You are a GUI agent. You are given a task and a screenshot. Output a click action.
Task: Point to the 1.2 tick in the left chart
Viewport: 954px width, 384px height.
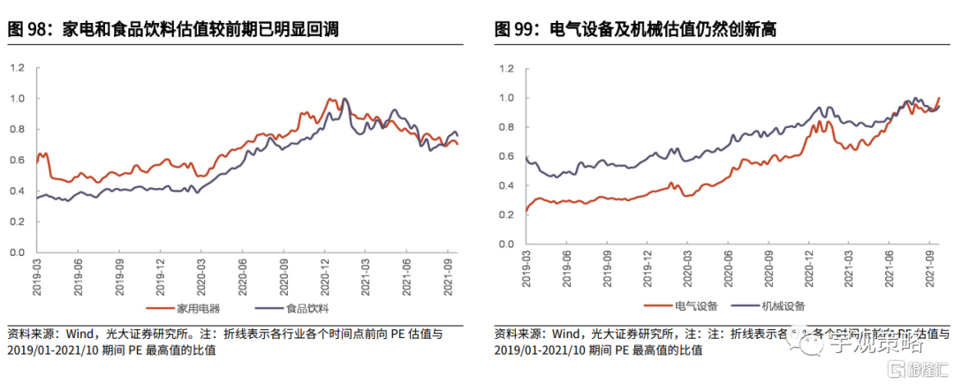pyautogui.click(x=17, y=68)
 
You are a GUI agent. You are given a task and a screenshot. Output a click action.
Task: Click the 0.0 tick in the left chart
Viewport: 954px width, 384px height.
pyautogui.click(x=17, y=252)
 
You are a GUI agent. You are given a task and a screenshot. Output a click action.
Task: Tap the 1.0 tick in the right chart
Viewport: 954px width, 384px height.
pyautogui.click(x=506, y=97)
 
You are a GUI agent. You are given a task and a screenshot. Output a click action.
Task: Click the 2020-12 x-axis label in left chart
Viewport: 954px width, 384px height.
pyautogui.click(x=325, y=274)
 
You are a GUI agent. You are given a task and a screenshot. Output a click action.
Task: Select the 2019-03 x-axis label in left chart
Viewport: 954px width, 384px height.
pyautogui.click(x=38, y=274)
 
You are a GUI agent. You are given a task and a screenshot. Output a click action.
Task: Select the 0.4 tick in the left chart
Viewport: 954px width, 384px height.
pyautogui.click(x=17, y=191)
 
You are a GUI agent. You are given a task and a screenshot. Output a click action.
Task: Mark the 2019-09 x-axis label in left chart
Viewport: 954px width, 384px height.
pyautogui.click(x=119, y=274)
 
